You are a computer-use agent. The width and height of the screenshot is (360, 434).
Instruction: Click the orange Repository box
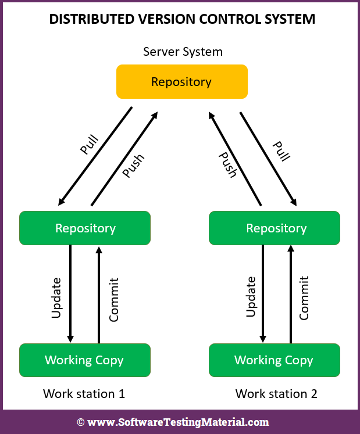pos(181,82)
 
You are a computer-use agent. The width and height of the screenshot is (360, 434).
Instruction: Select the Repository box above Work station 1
pos(85,228)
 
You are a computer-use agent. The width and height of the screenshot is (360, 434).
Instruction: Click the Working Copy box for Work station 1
pos(85,360)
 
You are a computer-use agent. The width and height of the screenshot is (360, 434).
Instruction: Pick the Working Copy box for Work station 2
pos(274,360)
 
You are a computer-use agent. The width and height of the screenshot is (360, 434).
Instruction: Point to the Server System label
pos(183,52)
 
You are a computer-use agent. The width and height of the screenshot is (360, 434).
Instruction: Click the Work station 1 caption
pos(84,394)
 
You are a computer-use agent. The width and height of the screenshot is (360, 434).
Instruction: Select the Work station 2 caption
pos(276,394)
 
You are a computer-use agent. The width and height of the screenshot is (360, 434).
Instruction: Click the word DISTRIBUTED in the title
pos(89,19)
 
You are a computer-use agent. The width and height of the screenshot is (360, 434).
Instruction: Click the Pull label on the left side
pos(89,145)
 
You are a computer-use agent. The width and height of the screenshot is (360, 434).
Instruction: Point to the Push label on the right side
pos(227,164)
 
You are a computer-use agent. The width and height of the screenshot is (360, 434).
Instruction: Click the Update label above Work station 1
pos(56,297)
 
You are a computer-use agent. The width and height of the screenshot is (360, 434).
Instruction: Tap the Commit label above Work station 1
pos(113,299)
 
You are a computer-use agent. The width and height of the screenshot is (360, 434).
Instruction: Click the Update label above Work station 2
pos(251,296)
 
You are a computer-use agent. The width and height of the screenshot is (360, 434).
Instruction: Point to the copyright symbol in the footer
pos(81,422)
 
